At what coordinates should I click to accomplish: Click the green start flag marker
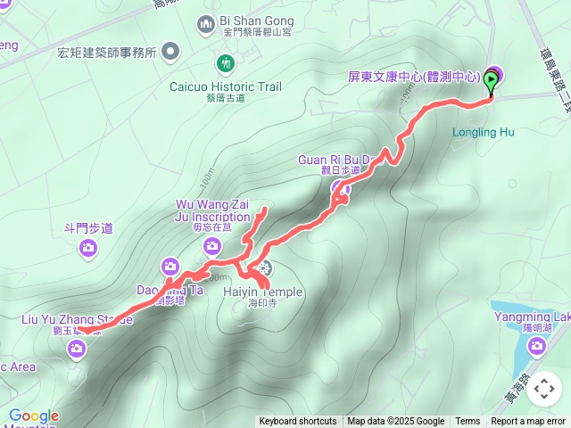click(492, 81)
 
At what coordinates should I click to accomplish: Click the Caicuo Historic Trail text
click(226, 86)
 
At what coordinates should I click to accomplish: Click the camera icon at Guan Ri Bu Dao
click(340, 188)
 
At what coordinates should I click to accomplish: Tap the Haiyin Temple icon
click(263, 268)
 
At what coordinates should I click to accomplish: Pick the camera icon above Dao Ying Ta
click(170, 266)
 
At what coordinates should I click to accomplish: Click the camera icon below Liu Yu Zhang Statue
click(78, 348)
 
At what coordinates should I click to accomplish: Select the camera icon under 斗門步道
click(88, 248)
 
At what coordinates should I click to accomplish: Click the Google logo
click(34, 416)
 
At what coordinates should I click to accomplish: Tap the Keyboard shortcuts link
click(298, 422)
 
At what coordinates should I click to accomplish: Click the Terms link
click(468, 422)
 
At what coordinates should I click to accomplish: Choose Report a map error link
click(528, 422)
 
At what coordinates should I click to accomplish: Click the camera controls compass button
click(544, 389)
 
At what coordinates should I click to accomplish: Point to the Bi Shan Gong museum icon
click(206, 21)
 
